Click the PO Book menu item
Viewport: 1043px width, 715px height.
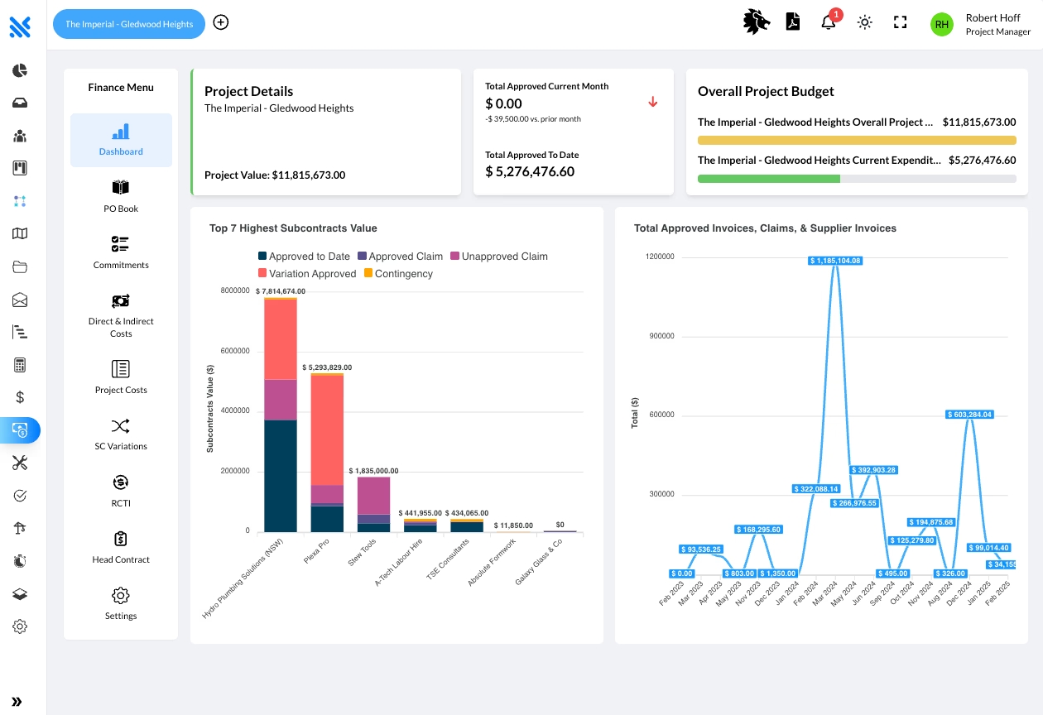point(121,196)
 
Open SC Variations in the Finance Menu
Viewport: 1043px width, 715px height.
point(121,434)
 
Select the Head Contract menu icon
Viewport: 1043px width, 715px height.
point(121,539)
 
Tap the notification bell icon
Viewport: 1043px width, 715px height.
point(829,22)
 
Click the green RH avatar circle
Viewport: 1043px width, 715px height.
point(941,24)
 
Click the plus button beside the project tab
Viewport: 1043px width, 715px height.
point(221,22)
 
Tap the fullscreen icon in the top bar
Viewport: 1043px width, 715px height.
point(900,22)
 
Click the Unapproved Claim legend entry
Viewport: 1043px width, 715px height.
point(499,256)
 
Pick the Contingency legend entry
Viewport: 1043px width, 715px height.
point(399,273)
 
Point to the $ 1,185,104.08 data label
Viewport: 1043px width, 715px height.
point(835,261)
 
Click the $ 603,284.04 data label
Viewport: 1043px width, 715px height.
point(970,415)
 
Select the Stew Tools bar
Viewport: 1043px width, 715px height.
point(373,505)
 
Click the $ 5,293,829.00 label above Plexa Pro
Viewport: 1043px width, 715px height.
point(327,367)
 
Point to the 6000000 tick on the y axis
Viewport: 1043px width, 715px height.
point(235,351)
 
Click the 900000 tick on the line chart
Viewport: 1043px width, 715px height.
point(661,336)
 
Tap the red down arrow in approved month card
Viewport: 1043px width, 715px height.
point(653,102)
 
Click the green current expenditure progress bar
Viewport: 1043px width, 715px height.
point(769,179)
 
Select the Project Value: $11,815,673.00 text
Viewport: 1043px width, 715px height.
point(275,175)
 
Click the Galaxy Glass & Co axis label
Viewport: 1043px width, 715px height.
point(539,561)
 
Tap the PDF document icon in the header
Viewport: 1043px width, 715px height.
point(792,22)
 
